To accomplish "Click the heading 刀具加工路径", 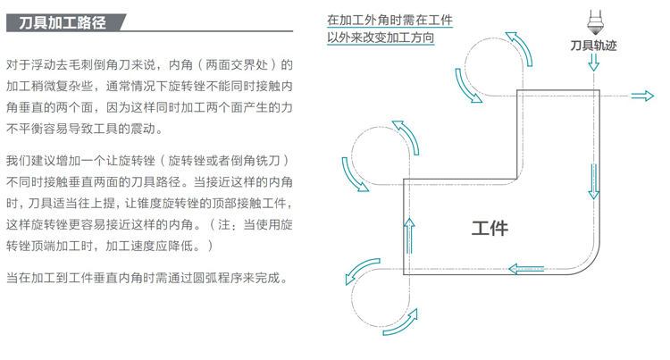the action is pyautogui.click(x=63, y=22).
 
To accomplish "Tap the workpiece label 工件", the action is pyautogui.click(x=490, y=229).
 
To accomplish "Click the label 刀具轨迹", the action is pyautogui.click(x=593, y=46).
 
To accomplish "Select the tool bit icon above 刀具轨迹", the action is pyautogui.click(x=593, y=22).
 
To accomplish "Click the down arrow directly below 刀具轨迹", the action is pyautogui.click(x=593, y=63).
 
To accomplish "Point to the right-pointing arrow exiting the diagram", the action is pyautogui.click(x=642, y=96).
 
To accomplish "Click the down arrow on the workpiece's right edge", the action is pyautogui.click(x=593, y=181).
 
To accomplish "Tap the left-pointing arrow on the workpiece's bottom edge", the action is pyautogui.click(x=526, y=269).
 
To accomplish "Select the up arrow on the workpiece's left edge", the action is pyautogui.click(x=409, y=236).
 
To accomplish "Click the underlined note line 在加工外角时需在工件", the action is pyautogui.click(x=389, y=20).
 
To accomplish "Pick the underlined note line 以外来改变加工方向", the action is pyautogui.click(x=381, y=38).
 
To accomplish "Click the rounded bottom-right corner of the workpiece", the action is pyautogui.click(x=590, y=264).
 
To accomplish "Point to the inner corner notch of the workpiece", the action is pyautogui.click(x=517, y=179).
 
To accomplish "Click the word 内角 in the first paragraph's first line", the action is pyautogui.click(x=180, y=65).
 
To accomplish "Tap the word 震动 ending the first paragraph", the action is pyautogui.click(x=143, y=129).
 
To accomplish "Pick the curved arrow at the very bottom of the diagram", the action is pyautogui.click(x=400, y=322).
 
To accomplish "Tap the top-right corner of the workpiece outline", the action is pyautogui.click(x=599, y=90).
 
